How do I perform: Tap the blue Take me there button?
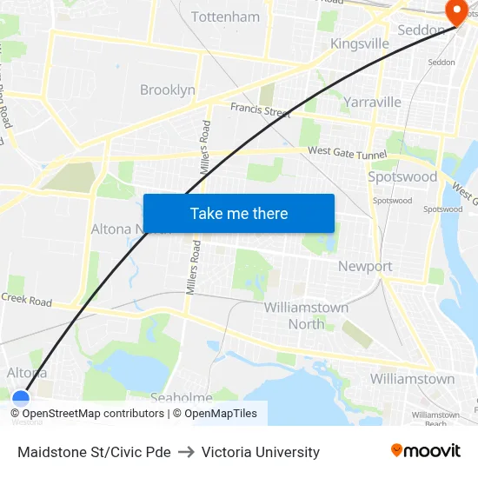pos(238,213)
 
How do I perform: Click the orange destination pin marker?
pos(455,10)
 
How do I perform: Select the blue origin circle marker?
pos(21,400)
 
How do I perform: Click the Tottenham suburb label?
pos(225,17)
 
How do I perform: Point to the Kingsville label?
pos(360,43)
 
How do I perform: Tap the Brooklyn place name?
pos(168,90)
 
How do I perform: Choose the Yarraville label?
pos(372,102)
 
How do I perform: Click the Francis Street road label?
pos(260,111)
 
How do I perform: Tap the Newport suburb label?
pos(365,266)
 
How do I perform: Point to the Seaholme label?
pos(181,397)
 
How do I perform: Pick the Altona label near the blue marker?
pos(27,373)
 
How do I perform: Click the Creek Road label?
pos(26,300)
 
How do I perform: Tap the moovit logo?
pos(425,451)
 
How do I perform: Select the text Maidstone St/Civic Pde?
pos(94,452)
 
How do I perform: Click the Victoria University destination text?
pos(261,452)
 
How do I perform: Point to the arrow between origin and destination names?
pos(186,452)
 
